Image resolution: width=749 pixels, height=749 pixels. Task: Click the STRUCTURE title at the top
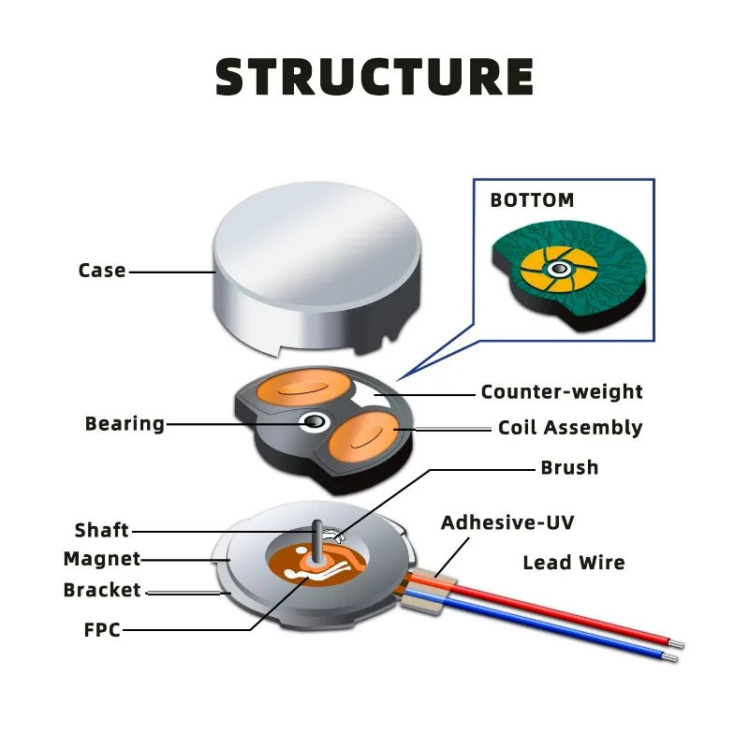374,77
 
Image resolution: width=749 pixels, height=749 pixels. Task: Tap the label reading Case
102,271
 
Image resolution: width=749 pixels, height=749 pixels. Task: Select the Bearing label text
125,424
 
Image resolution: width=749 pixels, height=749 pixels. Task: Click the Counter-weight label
562,391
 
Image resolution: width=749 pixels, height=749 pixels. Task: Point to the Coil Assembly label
570,428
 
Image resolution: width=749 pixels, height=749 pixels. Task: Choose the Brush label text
569,467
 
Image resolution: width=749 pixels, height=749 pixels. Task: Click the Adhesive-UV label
507,522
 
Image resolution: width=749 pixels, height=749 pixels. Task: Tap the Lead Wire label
574,563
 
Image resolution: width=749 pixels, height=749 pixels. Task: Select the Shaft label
102,530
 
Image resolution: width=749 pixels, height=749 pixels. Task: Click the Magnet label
102,559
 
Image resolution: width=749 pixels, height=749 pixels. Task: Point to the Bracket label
102,590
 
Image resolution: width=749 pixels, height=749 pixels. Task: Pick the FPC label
102,630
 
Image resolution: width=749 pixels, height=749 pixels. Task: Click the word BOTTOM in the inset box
532,200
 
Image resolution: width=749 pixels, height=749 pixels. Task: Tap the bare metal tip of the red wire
676,643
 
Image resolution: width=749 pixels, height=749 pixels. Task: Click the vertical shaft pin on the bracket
317,541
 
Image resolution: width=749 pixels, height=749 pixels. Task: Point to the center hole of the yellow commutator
558,270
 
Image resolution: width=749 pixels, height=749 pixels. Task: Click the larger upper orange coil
304,388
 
